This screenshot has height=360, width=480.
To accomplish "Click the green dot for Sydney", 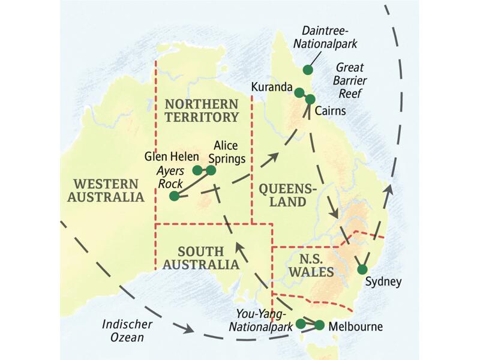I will (362, 269).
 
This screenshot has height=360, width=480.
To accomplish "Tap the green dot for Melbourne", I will (319, 325).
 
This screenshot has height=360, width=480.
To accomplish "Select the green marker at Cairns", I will (310, 98).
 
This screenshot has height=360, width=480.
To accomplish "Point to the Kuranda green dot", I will (299, 92).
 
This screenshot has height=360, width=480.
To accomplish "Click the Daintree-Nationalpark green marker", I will (308, 70).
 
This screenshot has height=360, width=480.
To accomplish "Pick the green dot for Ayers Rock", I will (174, 196).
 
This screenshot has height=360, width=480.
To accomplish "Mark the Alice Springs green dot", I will (211, 170).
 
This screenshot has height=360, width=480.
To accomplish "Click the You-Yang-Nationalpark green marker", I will (301, 324).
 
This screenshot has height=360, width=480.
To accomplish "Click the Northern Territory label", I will (203, 110).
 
